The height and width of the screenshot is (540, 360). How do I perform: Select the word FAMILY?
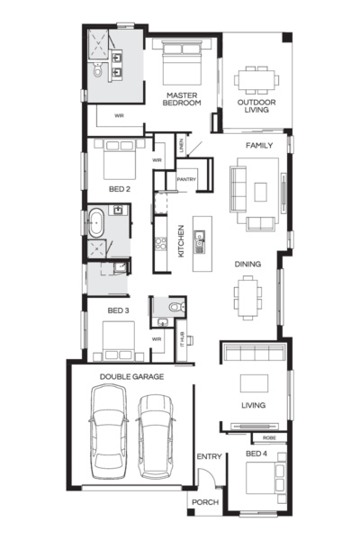[260, 144]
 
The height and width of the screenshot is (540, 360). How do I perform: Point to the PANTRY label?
[186, 180]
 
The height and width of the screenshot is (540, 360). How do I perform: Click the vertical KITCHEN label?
[181, 241]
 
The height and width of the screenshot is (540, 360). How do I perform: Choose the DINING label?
[248, 264]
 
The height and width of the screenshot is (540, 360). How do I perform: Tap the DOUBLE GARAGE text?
[131, 376]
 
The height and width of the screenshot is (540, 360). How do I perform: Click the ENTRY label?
[209, 457]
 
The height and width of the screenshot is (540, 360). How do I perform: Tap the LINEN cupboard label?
[183, 146]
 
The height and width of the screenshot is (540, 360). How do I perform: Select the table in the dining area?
[248, 292]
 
